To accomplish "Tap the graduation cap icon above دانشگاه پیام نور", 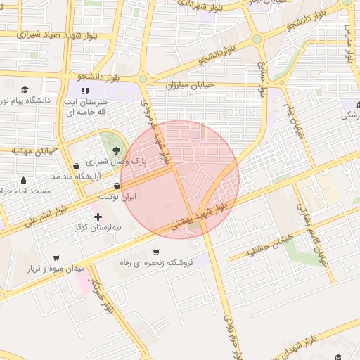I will (x=25, y=90).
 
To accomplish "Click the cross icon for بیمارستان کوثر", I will (x=98, y=217).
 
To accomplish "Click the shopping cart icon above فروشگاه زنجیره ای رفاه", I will (x=155, y=252).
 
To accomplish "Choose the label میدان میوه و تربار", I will (x=56, y=269).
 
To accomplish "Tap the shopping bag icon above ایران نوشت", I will (x=117, y=186).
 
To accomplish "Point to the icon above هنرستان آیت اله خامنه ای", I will (x=85, y=91).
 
